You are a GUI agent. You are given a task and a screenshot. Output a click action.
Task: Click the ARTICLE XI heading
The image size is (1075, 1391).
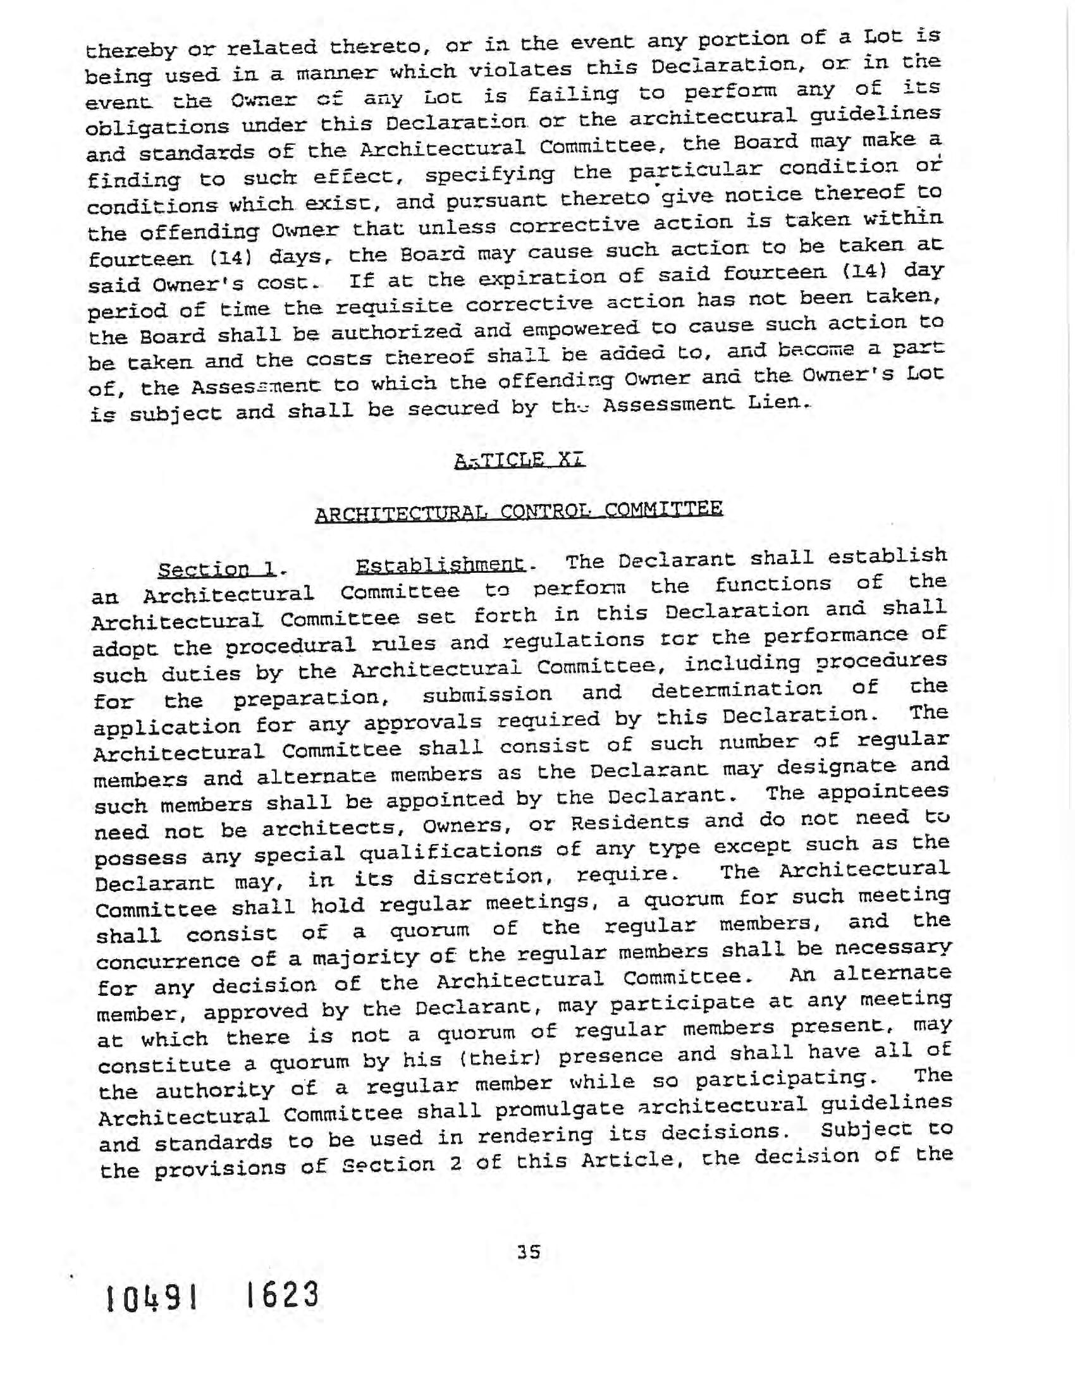[x=520, y=460]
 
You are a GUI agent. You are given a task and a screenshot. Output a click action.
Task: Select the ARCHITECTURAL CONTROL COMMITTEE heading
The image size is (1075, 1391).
[x=519, y=512]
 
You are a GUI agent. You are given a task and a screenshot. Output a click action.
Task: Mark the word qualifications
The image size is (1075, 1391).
[x=451, y=852]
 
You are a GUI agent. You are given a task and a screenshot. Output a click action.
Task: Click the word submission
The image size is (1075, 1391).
[x=487, y=695]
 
